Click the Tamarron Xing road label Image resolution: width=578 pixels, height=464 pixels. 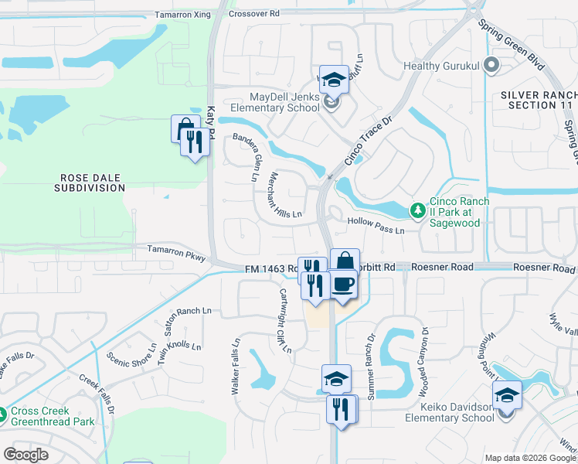pos(182,14)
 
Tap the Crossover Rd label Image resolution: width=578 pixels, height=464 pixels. pos(254,14)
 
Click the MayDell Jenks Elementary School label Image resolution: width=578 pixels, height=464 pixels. pos(273,102)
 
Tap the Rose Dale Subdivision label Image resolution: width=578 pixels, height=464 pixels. pos(90,183)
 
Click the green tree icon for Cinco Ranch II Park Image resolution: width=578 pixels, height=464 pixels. pos(417,210)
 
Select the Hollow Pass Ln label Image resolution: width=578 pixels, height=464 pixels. pos(376,230)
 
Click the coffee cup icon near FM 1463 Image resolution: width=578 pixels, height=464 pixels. pos(344,284)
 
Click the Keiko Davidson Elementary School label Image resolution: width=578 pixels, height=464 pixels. pos(450,412)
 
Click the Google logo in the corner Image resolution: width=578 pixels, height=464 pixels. pos(25,455)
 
